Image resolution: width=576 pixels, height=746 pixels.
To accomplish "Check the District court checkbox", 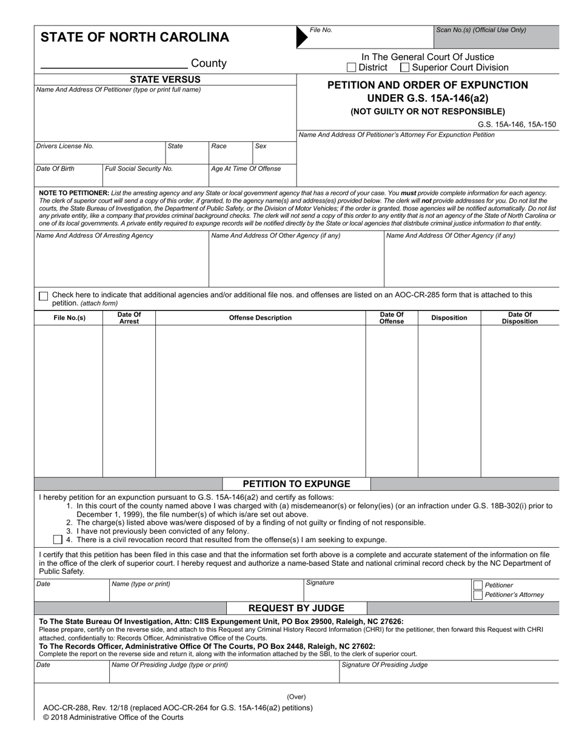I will coord(352,67).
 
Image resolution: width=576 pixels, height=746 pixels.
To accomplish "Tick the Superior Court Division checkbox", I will coord(405,67).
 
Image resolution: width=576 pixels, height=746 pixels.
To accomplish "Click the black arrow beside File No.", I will coord(301,37).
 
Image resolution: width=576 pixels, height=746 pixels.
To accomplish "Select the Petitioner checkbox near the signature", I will coord(478,585).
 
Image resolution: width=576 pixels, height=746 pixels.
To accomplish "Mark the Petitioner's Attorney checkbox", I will coord(478,595).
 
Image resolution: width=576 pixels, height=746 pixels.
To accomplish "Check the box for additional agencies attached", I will coord(43,296).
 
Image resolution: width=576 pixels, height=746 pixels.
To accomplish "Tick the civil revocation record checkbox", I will coord(58,539).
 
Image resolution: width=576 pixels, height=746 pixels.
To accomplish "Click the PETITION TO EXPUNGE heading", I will coord(296,484).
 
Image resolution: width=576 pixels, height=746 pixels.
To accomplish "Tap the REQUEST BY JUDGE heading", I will coord(296,608).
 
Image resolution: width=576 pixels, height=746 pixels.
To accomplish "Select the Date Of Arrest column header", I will coord(129,318).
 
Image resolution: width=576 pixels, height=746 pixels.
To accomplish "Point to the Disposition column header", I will coord(449,318).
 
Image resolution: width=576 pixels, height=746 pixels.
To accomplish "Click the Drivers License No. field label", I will coord(65,146).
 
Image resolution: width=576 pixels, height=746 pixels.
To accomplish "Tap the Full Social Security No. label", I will coord(139,169).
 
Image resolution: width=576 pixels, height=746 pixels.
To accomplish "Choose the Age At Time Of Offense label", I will coord(246,169).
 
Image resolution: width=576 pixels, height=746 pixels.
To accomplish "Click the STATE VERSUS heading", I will coord(165,79).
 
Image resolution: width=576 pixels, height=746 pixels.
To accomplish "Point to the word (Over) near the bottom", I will coord(296,697).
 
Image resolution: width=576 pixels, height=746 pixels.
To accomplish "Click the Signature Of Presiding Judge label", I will coord(385,665).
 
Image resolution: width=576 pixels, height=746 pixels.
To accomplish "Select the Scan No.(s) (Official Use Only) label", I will coord(481,30).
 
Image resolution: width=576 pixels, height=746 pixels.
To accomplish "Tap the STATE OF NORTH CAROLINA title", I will coord(135,38).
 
